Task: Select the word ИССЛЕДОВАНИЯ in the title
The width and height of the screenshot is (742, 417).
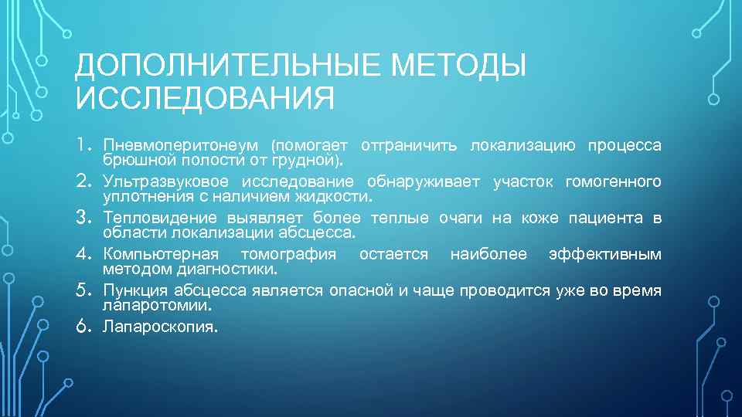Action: [206, 99]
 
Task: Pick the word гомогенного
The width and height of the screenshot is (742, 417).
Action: [614, 182]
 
